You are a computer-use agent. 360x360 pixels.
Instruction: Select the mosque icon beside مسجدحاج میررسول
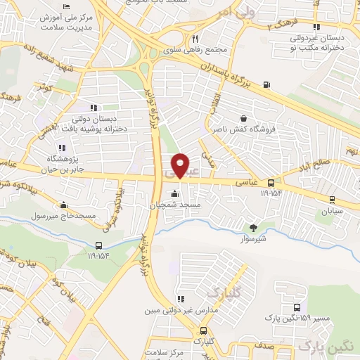[64, 205]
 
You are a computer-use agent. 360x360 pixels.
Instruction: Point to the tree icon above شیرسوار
[254, 226]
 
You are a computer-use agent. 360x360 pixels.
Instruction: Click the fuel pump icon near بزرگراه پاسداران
[266, 86]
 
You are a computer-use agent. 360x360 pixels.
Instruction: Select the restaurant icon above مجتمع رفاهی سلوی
[195, 39]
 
